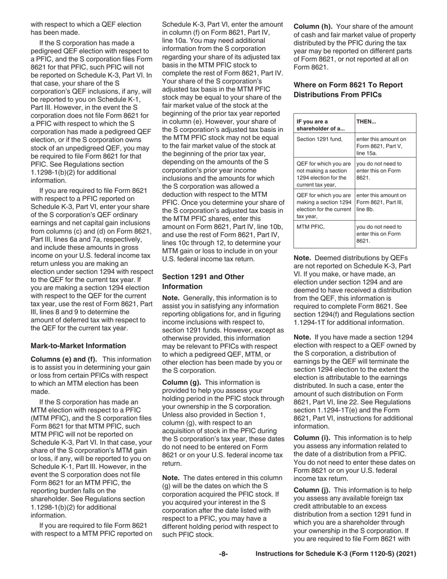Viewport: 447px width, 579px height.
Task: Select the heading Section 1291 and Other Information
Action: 203,281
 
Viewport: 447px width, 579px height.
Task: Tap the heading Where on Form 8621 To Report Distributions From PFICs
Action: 348,89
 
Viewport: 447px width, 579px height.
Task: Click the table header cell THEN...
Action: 367,121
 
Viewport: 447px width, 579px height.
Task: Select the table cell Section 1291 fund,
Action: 319,139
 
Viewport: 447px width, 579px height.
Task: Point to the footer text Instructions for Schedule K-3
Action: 335,555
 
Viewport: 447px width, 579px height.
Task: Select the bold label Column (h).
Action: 313,27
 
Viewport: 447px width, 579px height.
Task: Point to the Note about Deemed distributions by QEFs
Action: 354,290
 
